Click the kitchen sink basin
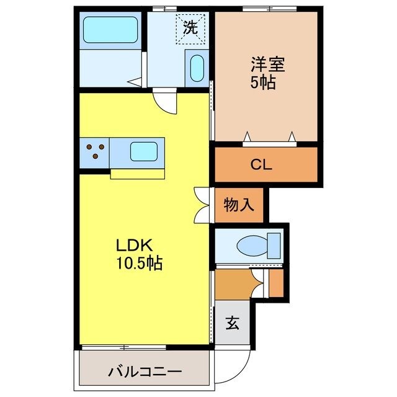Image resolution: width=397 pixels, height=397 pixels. [143, 151]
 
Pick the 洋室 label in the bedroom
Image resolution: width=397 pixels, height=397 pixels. [263, 64]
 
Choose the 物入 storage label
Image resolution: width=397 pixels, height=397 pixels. [239, 205]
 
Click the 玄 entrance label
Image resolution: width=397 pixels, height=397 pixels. [231, 323]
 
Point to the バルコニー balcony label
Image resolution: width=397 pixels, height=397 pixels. [144, 372]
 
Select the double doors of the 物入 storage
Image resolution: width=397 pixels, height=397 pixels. [203, 205]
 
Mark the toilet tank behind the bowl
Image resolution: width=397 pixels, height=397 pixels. [274, 244]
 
